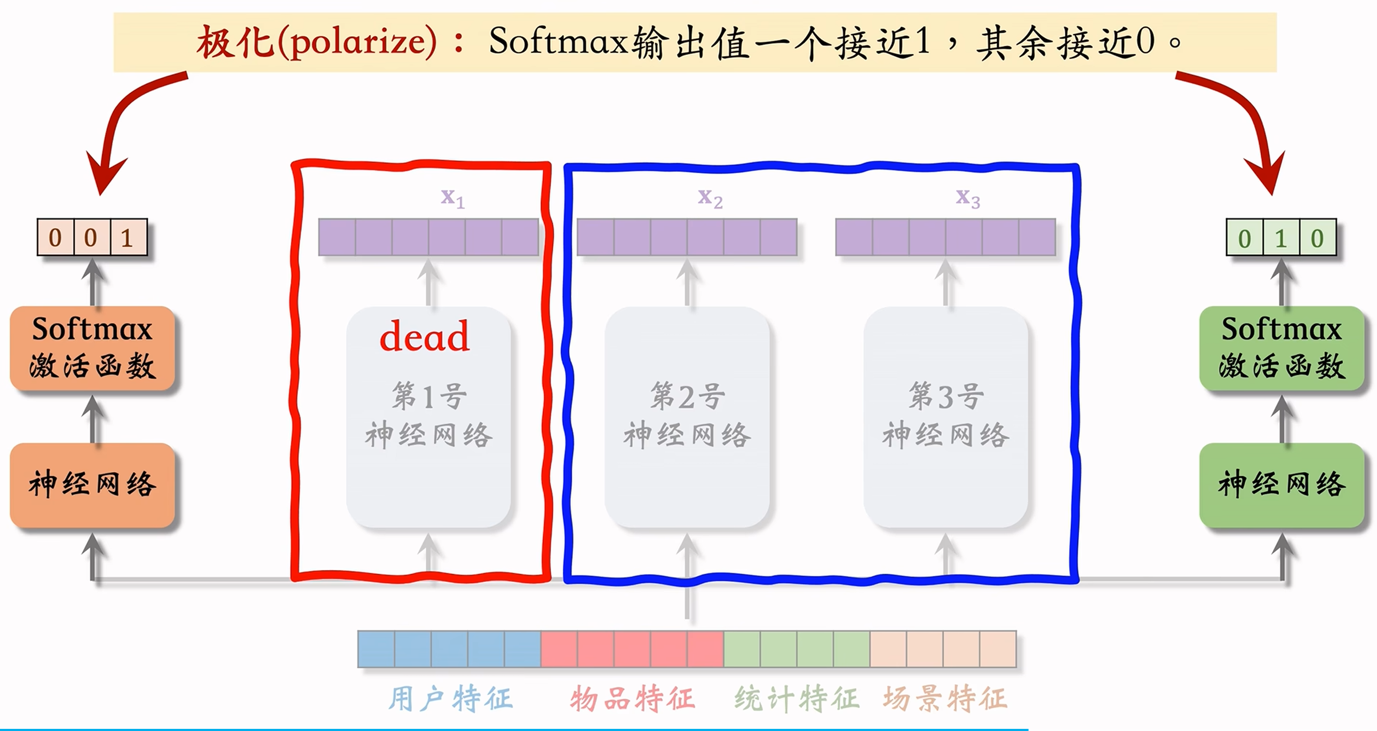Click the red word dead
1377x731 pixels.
(x=425, y=336)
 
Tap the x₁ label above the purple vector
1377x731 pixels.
(x=452, y=198)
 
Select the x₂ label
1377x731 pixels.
(x=710, y=198)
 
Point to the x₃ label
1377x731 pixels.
(x=968, y=198)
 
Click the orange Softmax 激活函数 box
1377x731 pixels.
(x=92, y=347)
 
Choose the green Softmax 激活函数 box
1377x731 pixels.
(x=1282, y=347)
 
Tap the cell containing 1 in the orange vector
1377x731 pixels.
(x=127, y=237)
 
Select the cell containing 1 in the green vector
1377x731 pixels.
(x=1281, y=238)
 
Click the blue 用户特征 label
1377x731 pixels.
(x=450, y=699)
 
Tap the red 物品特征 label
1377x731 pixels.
(x=632, y=699)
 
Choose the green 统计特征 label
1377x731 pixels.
(x=797, y=699)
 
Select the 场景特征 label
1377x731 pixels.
(x=945, y=699)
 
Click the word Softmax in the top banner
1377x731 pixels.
(x=558, y=41)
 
